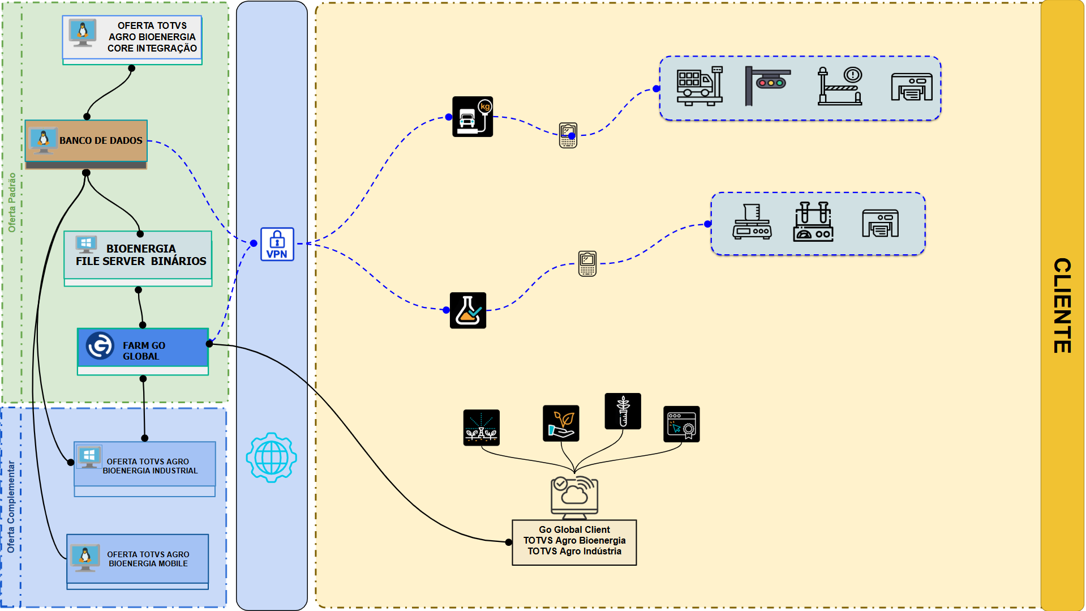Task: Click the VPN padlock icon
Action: [x=277, y=244]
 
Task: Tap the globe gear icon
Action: [x=272, y=458]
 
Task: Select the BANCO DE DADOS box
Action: [x=86, y=141]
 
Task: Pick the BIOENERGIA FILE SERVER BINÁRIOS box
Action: [x=138, y=255]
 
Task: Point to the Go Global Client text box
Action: [x=574, y=541]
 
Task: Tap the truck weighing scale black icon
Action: [x=473, y=117]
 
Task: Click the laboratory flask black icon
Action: [x=468, y=310]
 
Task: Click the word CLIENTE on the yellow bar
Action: [x=1062, y=305]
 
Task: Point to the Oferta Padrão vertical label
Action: [x=12, y=202]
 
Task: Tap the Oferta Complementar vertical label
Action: [x=11, y=506]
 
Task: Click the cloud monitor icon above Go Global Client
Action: [x=574, y=497]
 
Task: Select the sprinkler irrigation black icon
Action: [x=481, y=428]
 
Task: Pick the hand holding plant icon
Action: [x=561, y=423]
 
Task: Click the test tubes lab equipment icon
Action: [x=813, y=222]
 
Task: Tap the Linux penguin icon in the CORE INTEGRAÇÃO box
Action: [x=83, y=32]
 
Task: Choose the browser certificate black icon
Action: [x=681, y=424]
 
